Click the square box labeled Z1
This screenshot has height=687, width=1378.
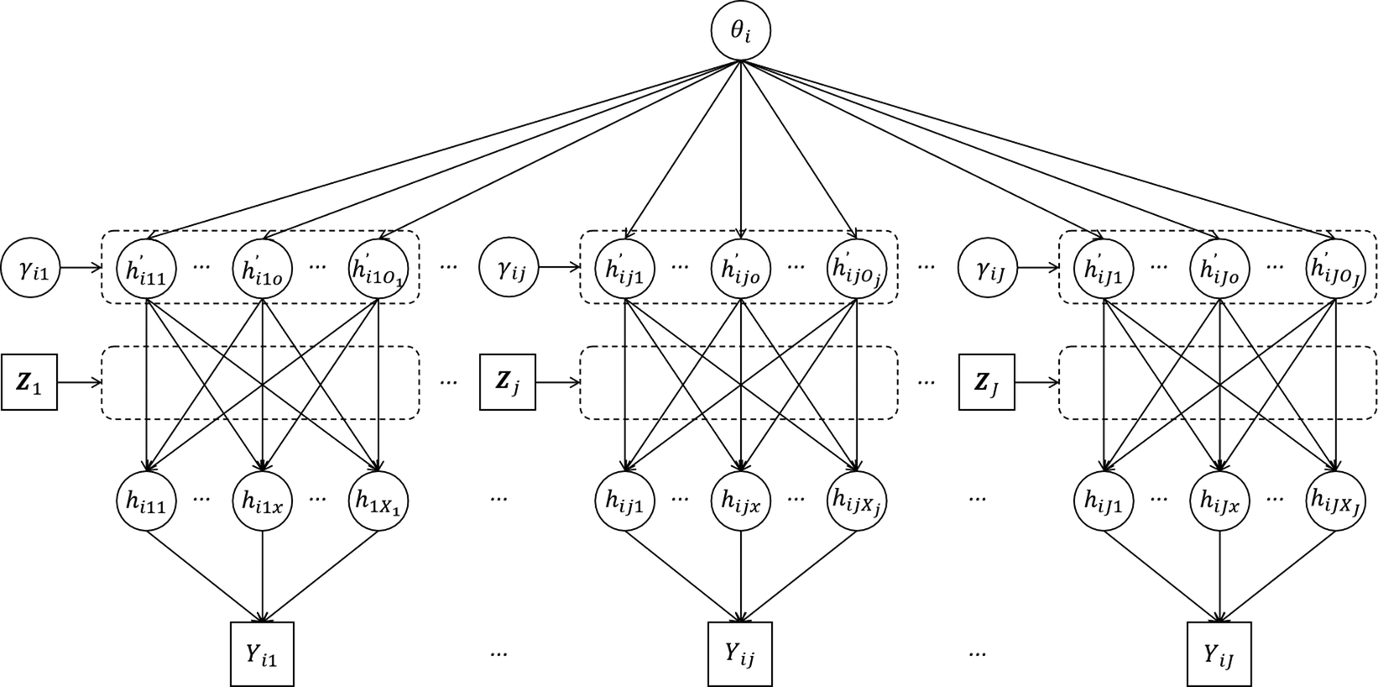coord(29,382)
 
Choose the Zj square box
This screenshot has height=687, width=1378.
coord(508,382)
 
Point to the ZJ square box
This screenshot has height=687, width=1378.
coord(987,382)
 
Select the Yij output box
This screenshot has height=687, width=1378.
coord(739,654)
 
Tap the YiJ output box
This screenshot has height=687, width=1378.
coord(1219,654)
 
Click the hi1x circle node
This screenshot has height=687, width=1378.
coord(263,501)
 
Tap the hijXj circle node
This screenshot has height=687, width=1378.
coord(857,501)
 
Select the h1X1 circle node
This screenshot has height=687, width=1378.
coord(378,501)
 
